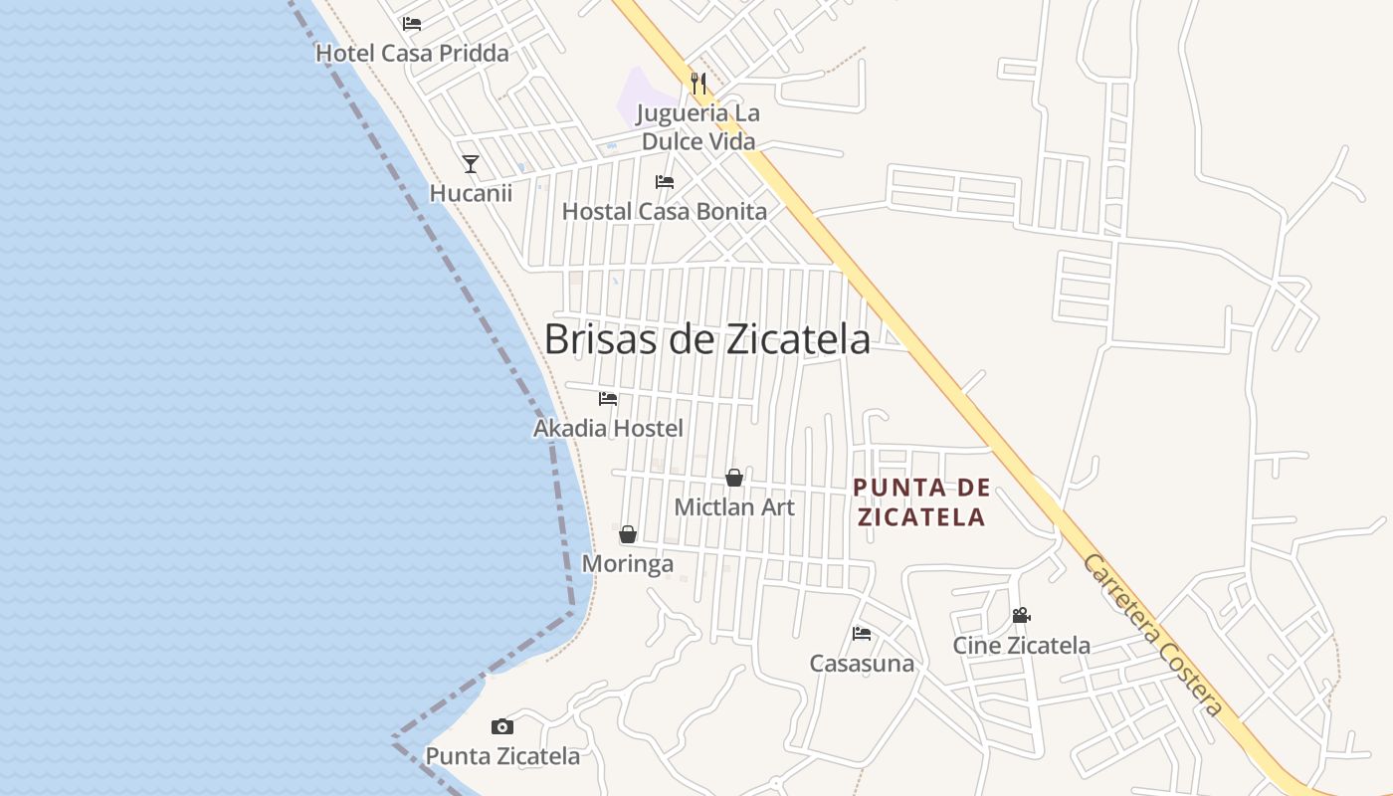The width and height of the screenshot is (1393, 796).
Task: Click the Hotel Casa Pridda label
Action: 412,54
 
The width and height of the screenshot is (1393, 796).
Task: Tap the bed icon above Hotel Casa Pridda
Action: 412,24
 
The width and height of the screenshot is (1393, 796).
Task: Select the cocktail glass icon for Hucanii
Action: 471,164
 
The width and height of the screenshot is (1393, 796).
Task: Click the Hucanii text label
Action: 471,193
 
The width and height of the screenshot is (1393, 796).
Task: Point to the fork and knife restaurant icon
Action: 698,84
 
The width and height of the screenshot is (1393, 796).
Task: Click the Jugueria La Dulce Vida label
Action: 698,127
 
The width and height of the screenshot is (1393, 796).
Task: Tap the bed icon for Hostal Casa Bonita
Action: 665,182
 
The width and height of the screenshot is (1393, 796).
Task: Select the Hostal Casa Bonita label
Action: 665,212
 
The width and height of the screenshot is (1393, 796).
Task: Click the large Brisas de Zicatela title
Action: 706,339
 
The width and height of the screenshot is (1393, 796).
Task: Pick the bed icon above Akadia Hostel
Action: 608,399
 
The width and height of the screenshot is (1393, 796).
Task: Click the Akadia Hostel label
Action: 608,429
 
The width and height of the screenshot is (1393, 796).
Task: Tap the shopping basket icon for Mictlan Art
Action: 734,478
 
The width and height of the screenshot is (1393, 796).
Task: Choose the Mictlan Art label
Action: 734,507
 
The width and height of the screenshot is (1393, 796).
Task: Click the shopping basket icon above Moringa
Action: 628,534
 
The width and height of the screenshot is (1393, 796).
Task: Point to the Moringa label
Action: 628,564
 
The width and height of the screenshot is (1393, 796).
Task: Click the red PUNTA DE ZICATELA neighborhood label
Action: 922,502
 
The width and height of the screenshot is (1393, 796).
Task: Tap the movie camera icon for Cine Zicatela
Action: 1021,616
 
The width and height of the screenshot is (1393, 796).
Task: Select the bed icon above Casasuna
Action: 862,634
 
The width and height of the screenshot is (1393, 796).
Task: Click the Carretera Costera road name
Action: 1152,636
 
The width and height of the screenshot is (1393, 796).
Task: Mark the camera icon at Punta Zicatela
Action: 502,727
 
